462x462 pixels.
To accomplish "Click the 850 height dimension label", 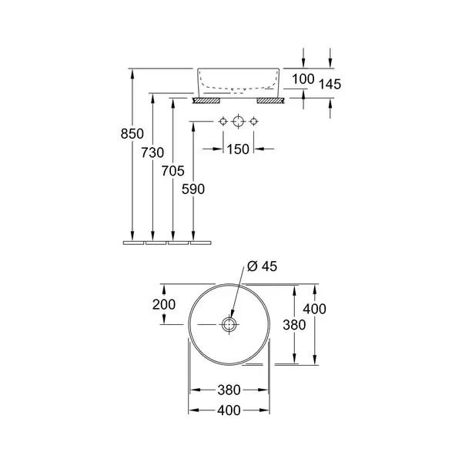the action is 132,134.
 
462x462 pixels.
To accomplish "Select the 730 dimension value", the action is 152,152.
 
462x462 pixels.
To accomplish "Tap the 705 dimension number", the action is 172,171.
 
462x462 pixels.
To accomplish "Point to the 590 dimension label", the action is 193,189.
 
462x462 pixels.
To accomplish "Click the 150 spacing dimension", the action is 238,149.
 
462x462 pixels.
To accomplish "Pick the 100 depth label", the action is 303,79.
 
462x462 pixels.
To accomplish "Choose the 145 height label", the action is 330,84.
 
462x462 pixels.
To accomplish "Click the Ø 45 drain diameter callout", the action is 263,266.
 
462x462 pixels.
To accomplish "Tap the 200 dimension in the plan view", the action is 164,304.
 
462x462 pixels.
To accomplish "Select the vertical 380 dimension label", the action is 294,325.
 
